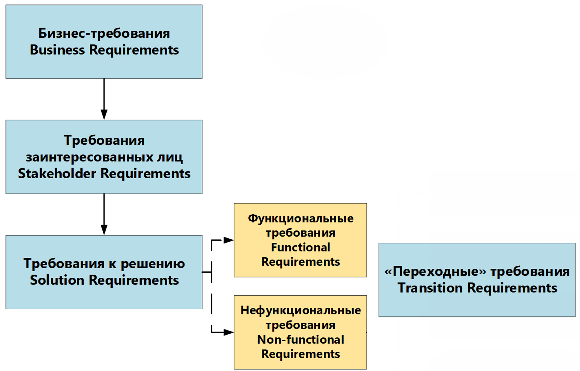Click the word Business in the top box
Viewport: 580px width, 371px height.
(57, 49)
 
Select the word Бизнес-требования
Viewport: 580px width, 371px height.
(104, 34)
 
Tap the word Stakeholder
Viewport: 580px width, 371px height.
(57, 173)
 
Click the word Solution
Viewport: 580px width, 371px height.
(57, 280)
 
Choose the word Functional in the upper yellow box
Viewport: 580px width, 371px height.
(300, 247)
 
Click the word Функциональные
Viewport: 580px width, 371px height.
(300, 218)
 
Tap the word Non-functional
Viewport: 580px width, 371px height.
(300, 339)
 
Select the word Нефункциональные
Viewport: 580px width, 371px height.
(300, 310)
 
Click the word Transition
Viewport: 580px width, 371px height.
(430, 288)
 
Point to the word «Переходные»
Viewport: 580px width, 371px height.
(435, 272)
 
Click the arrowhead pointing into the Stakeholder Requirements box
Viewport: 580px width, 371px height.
(104, 115)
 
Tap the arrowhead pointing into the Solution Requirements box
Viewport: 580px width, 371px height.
(104, 230)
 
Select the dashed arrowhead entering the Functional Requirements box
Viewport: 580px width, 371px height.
(229, 240)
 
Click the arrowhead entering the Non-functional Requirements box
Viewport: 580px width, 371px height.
(229, 332)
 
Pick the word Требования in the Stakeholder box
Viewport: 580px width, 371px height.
(104, 140)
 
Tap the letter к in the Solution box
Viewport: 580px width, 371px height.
(112, 264)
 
